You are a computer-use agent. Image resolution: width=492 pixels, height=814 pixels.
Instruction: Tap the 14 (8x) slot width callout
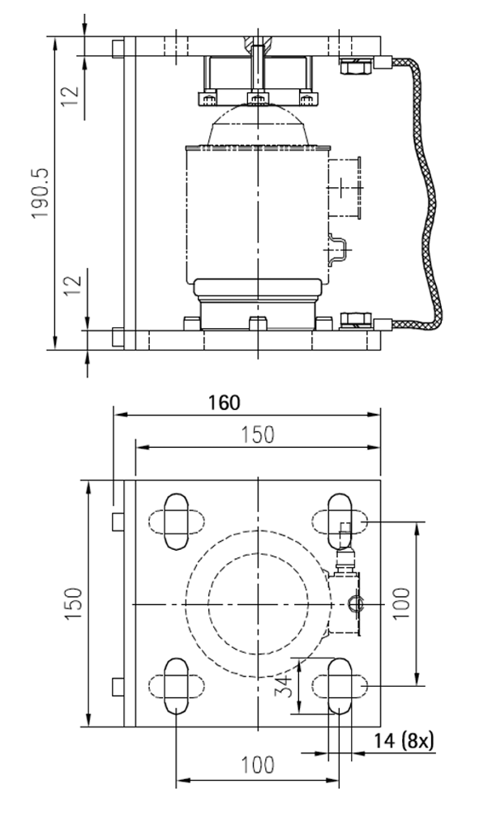pyautogui.click(x=405, y=739)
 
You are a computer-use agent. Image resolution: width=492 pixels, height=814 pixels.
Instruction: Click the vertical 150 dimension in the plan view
pyautogui.click(x=72, y=603)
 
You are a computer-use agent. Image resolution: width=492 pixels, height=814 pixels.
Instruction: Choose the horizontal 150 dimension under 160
pyautogui.click(x=257, y=435)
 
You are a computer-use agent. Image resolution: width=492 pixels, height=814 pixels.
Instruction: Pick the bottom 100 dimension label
pyautogui.click(x=258, y=765)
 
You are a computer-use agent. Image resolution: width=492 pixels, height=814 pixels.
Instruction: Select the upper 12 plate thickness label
pyautogui.click(x=71, y=95)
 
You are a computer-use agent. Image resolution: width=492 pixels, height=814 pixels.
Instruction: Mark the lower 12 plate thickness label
pyautogui.click(x=71, y=286)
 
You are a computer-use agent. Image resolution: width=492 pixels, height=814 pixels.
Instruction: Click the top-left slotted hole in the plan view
pyautogui.click(x=176, y=522)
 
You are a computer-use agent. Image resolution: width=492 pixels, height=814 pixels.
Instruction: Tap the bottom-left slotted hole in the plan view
pyautogui.click(x=176, y=685)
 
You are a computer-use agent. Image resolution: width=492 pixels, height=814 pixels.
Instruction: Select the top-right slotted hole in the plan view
pyautogui.click(x=340, y=522)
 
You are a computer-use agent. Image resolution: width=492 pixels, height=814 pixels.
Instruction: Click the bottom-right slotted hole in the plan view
pyautogui.click(x=340, y=685)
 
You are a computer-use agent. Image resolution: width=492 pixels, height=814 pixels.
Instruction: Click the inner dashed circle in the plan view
pyautogui.click(x=257, y=603)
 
